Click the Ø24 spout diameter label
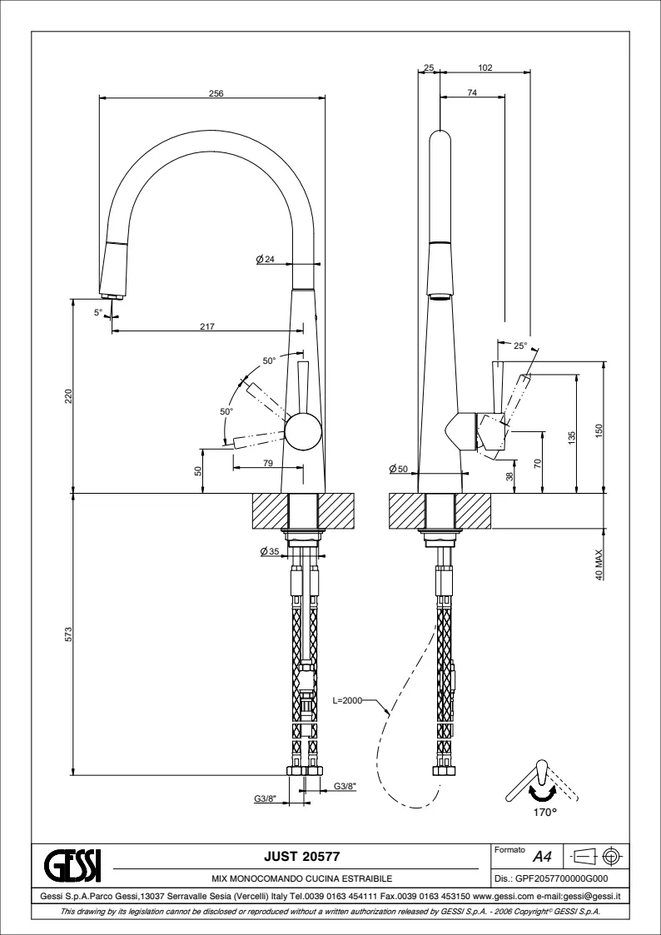pos(266,260)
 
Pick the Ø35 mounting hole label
pos(269,551)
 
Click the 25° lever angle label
pos(519,346)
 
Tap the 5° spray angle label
pos(98,312)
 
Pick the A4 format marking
pos(542,856)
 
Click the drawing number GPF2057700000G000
pos(551,878)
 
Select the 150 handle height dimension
pos(599,430)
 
